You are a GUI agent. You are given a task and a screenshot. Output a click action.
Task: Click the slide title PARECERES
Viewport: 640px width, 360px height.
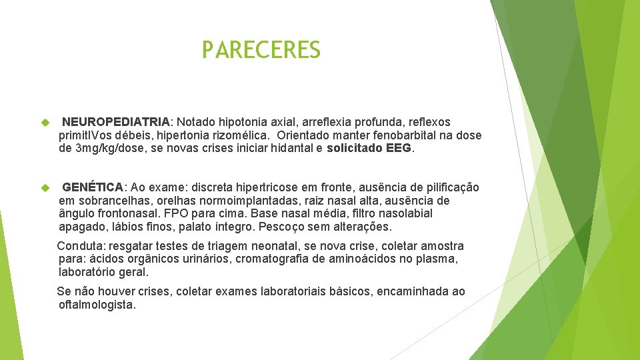click(261, 50)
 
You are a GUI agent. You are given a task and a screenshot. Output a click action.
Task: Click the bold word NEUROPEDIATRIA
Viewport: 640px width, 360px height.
click(116, 123)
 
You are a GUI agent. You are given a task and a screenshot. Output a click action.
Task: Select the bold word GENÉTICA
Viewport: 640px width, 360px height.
click(93, 187)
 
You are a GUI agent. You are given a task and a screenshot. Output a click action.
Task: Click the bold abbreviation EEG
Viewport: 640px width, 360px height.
click(399, 149)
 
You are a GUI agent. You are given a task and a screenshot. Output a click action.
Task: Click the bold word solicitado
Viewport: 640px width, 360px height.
click(355, 149)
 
